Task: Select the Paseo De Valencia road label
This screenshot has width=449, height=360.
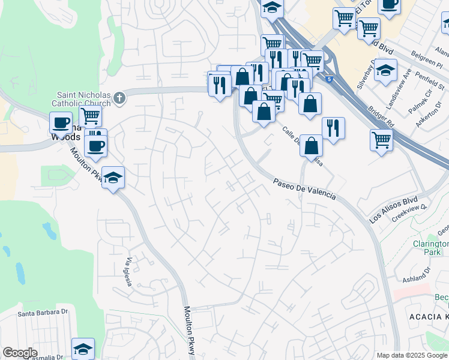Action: pos(303,189)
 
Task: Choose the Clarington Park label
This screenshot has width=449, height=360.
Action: pos(430,248)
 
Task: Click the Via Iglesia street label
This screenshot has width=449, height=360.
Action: pos(129,272)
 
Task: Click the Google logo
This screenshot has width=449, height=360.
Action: pos(20,353)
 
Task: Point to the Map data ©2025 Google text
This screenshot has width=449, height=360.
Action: pos(412,355)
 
